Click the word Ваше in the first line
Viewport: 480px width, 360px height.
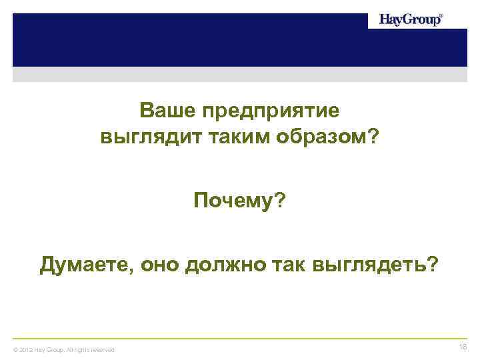162,109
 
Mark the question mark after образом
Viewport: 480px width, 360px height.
374,137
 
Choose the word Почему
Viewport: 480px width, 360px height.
233,201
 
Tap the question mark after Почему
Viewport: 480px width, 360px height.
279,200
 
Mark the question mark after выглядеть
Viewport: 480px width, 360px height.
435,265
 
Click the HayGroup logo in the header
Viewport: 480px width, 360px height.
409,20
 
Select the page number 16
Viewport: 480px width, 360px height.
463,347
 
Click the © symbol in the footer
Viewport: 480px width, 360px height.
16,350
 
